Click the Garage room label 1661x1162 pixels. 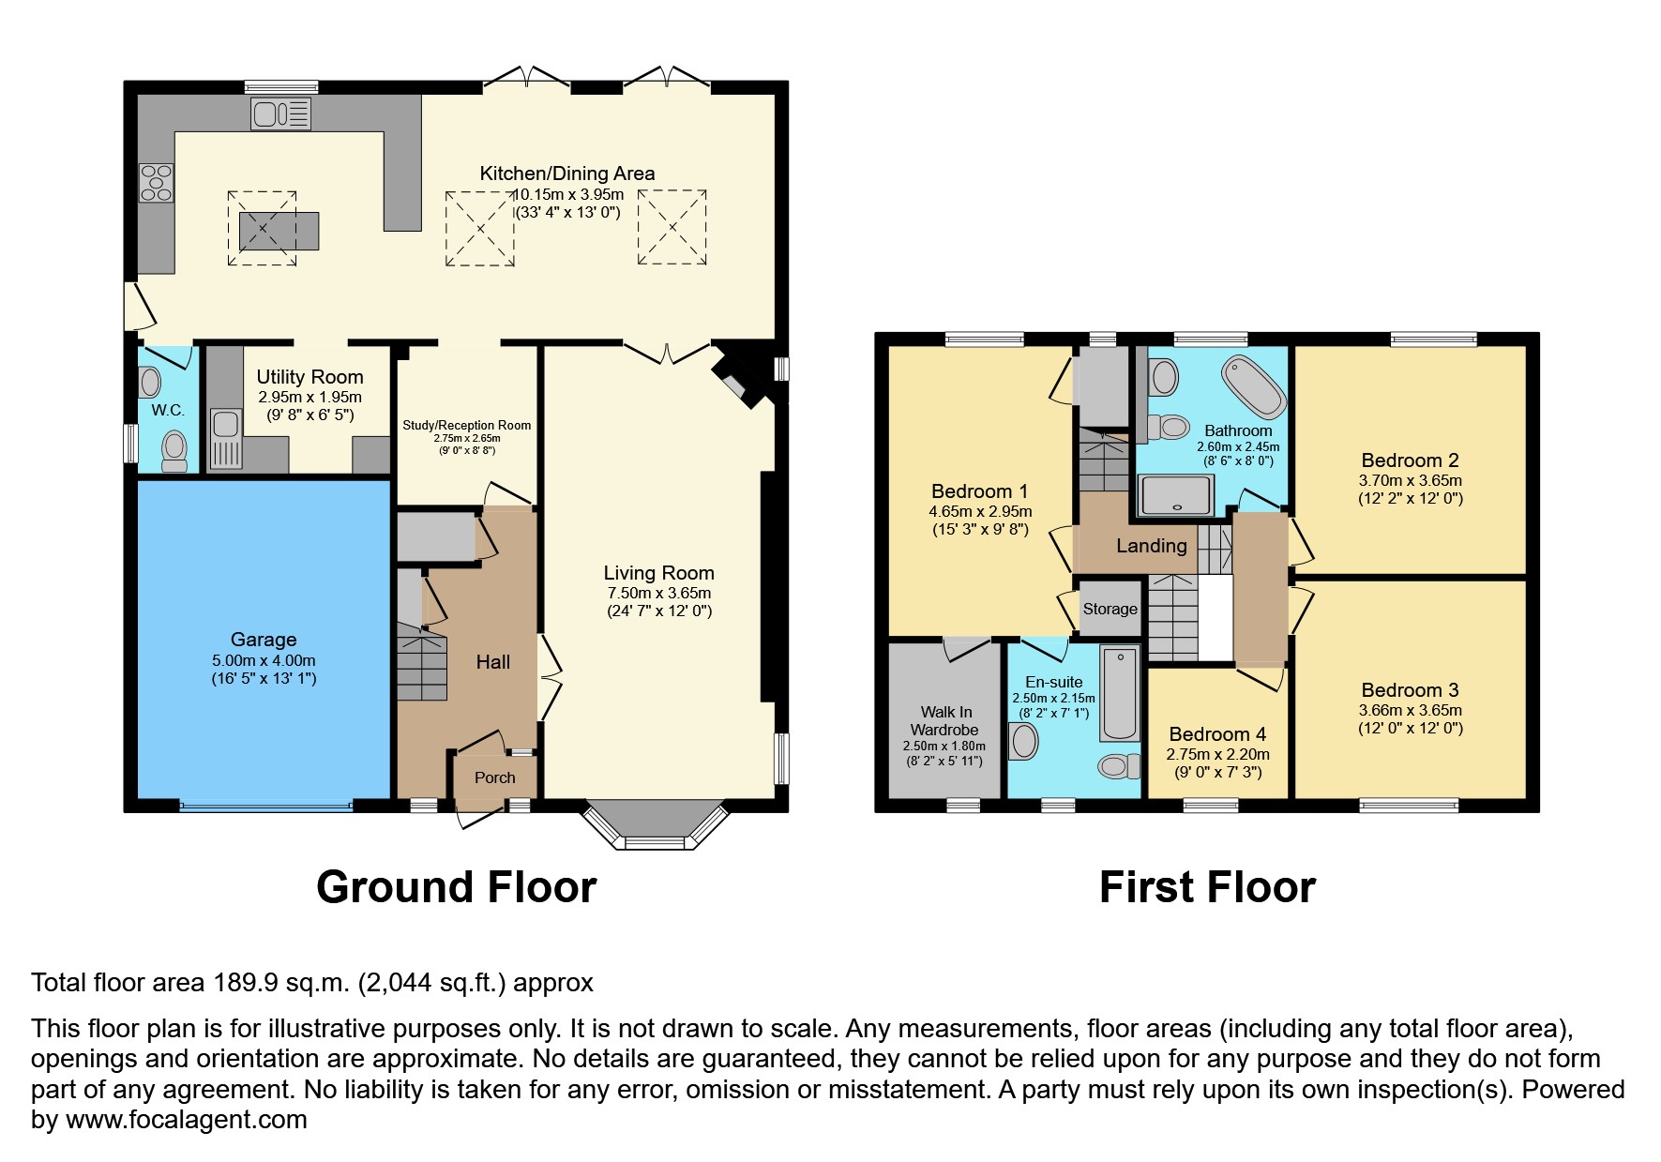(x=263, y=640)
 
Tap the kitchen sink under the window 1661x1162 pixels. (x=280, y=114)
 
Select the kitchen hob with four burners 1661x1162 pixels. (x=157, y=182)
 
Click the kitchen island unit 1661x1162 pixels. (x=279, y=231)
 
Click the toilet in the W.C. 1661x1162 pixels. (x=174, y=450)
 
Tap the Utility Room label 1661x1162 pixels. (x=310, y=377)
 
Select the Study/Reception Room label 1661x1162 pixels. (x=466, y=425)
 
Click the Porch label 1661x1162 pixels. (x=494, y=777)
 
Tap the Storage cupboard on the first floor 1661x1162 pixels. (x=1110, y=609)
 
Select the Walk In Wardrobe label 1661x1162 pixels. (x=944, y=721)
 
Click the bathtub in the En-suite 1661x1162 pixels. (x=1119, y=694)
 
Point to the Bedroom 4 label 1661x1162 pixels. (x=1217, y=734)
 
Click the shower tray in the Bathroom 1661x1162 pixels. (x=1176, y=494)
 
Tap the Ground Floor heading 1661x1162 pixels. (x=456, y=886)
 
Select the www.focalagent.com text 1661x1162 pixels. (x=186, y=1120)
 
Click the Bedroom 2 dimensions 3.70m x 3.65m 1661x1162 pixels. (x=1410, y=480)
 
